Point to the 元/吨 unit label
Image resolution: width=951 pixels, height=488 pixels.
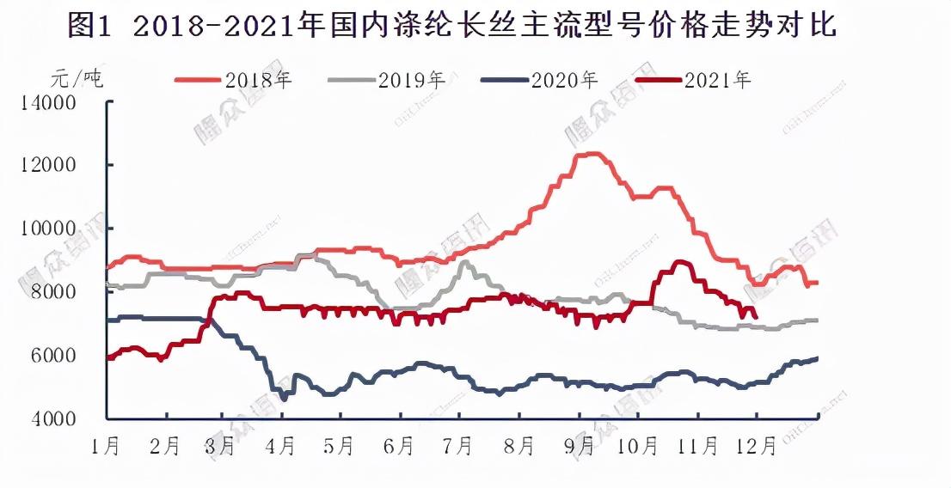77,80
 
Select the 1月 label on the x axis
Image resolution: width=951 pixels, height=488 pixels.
107,447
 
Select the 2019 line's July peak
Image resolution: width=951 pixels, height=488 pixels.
464,262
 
